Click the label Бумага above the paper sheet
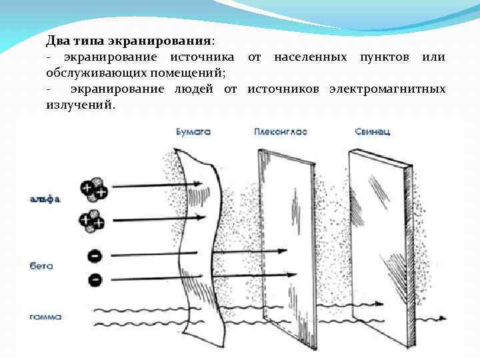pos(193,132)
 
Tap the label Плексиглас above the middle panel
pos(280,132)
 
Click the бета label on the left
pos(41,265)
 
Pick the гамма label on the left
pos(45,317)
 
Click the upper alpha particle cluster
pos(93,189)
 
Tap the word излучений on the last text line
pos(80,105)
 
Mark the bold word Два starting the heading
pos(57,41)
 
